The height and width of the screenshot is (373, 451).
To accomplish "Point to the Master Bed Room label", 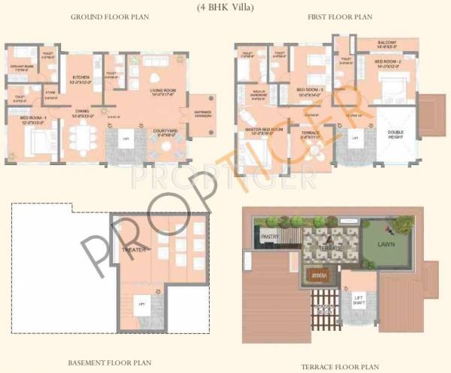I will pos(263,130).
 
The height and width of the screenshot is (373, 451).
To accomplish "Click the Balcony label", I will pos(388,44).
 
